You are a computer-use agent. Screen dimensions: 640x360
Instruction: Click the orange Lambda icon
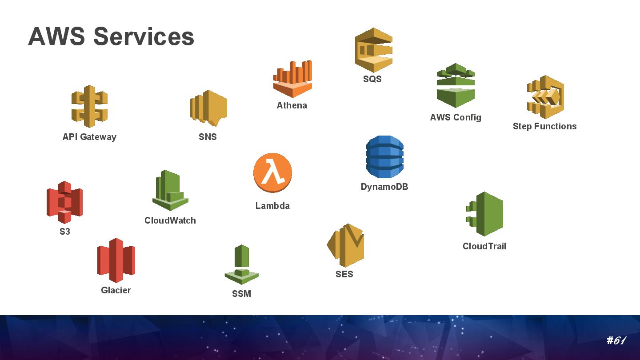(272, 173)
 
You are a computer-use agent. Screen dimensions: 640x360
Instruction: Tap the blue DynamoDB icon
(385, 157)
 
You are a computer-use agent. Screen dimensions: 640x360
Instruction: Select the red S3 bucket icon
(64, 202)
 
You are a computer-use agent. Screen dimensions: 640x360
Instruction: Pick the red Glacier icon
(116, 260)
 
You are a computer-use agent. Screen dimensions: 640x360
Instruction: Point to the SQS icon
(373, 50)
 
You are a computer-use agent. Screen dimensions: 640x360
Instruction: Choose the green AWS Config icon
(456, 85)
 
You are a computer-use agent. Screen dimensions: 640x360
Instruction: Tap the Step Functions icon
(545, 97)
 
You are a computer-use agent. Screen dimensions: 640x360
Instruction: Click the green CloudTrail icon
(485, 214)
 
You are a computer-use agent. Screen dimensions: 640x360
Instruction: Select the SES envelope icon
(345, 245)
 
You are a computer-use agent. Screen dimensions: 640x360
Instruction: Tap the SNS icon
(208, 108)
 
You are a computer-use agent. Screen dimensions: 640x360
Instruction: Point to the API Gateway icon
(89, 106)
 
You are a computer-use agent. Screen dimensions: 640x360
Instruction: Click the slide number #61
(616, 341)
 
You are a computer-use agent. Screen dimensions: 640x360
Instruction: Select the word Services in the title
(144, 36)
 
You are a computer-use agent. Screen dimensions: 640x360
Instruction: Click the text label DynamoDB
(384, 187)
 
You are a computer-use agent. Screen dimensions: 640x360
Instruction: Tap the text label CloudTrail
(484, 246)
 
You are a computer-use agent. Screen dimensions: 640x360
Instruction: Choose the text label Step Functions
(544, 126)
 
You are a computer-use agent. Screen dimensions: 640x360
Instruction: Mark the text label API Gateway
(89, 137)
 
